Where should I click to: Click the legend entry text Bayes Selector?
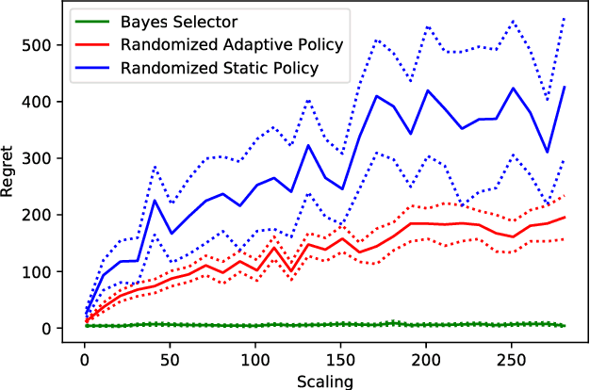(180, 21)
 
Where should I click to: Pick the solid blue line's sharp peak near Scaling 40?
(155, 200)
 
